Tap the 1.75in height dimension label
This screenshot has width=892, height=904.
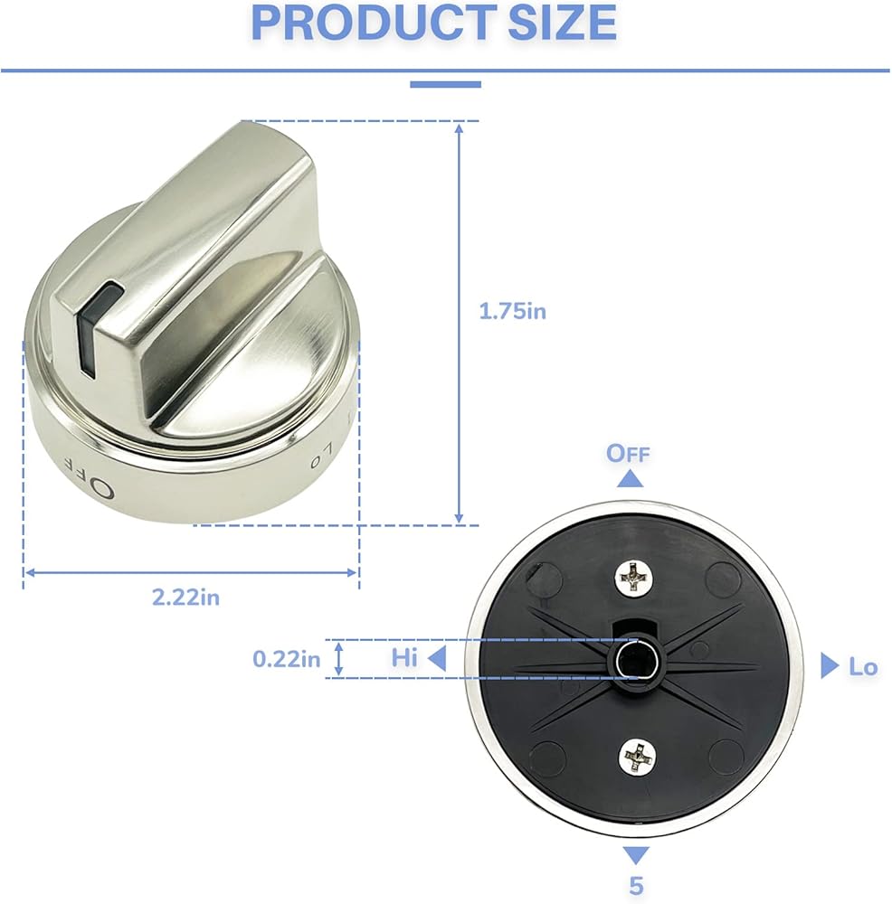tap(512, 311)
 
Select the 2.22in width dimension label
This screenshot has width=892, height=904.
tap(185, 597)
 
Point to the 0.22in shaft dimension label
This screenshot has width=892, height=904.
tap(286, 658)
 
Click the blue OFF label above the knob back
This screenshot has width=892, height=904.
tap(628, 454)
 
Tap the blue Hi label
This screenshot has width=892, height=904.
tap(403, 658)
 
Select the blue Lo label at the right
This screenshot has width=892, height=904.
tap(863, 667)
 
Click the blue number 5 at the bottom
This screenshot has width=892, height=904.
tap(636, 885)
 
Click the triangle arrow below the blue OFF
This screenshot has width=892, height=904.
tap(630, 479)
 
